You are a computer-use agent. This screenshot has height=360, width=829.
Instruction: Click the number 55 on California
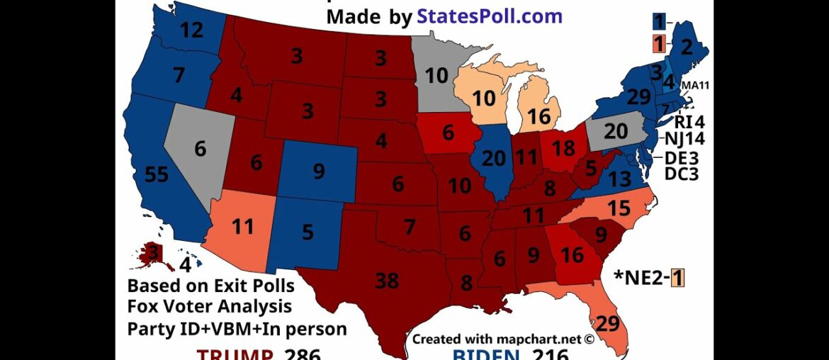[157, 174]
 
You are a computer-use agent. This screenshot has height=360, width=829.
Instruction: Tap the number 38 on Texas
[387, 281]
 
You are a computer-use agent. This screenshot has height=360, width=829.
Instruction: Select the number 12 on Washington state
[192, 30]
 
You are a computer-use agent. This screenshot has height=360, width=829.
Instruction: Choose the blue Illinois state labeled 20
[495, 160]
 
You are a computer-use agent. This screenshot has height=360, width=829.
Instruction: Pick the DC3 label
[682, 173]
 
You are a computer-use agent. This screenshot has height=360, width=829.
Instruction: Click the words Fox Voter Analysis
[209, 307]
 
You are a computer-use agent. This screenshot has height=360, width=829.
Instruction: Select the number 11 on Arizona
[242, 228]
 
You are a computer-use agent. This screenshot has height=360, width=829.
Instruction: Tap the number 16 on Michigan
[540, 116]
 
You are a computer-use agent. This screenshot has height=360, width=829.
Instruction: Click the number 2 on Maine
[686, 47]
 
